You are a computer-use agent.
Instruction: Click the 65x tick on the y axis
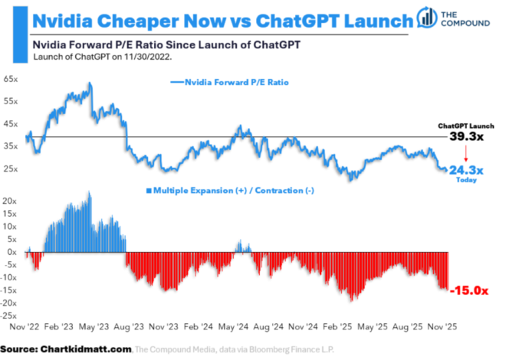point(11,79)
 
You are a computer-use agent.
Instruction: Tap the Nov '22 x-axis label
point(24,326)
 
